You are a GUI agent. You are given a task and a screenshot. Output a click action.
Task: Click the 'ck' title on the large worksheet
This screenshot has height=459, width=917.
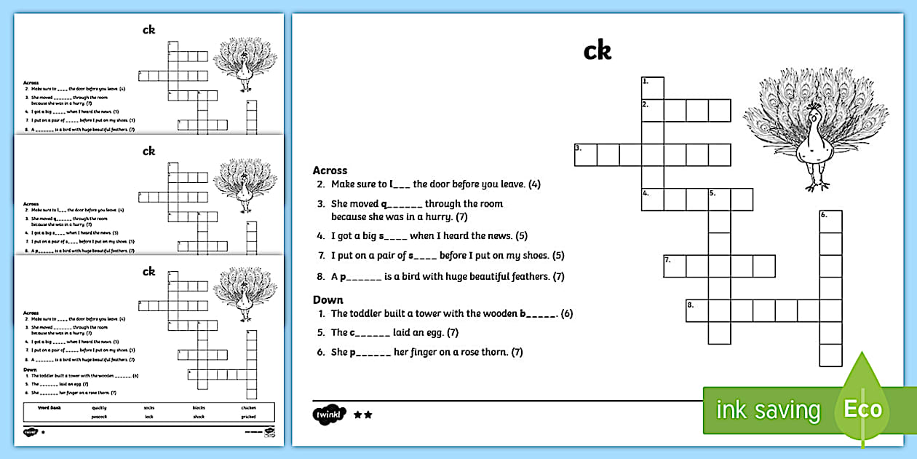(x=598, y=51)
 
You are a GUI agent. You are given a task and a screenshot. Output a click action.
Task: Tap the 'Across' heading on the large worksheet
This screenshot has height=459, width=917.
(x=330, y=170)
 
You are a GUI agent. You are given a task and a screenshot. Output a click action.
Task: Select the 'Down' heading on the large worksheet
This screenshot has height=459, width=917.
(x=327, y=299)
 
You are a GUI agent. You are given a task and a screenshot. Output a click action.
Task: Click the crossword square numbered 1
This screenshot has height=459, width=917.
(x=652, y=87)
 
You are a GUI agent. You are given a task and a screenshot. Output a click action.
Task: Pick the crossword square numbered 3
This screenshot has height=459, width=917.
(x=585, y=155)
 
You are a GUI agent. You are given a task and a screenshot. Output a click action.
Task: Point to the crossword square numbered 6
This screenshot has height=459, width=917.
(x=830, y=221)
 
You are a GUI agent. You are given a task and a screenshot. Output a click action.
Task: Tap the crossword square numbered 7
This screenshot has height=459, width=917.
(x=675, y=266)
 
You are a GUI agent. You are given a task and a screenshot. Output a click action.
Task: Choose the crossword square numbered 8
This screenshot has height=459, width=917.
(x=697, y=310)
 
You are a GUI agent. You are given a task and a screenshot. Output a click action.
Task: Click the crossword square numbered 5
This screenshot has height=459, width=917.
(x=719, y=199)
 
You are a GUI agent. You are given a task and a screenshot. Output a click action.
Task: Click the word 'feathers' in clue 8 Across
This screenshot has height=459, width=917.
(x=528, y=277)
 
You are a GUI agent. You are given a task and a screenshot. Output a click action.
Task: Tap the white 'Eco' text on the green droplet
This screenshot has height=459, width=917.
(x=863, y=409)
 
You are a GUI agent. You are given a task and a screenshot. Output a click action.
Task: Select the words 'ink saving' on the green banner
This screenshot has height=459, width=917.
(x=768, y=410)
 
